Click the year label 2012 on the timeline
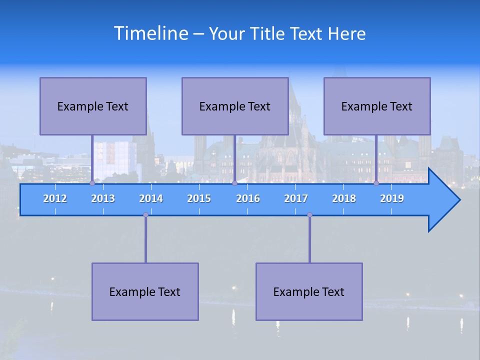(55, 198)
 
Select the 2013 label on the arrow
(103, 198)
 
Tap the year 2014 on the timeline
(151, 198)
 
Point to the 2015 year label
(199, 198)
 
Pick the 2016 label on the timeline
(248, 198)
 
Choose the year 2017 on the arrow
(296, 198)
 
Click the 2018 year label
(344, 198)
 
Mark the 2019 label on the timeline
(392, 198)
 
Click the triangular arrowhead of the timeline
(443, 200)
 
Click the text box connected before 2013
(93, 106)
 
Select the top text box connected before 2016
(235, 106)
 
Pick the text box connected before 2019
(377, 106)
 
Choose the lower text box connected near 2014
(145, 291)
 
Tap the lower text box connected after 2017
(309, 291)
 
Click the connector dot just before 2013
(92, 183)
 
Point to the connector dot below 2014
(145, 214)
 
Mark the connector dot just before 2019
(376, 183)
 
